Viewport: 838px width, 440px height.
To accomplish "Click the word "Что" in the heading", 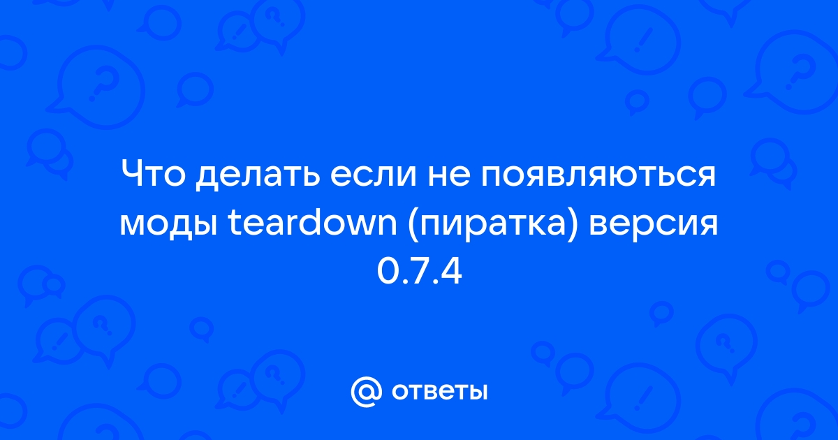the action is [154, 174].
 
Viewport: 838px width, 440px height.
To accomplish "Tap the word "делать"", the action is [258, 176].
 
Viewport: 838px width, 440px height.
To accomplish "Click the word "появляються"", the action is [598, 175].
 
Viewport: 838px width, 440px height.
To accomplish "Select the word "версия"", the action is [653, 224].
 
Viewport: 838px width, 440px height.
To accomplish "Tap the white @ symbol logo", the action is [366, 392].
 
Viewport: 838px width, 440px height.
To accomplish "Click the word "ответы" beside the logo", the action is [439, 392].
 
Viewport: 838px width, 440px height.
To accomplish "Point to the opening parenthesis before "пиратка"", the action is [414, 223].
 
